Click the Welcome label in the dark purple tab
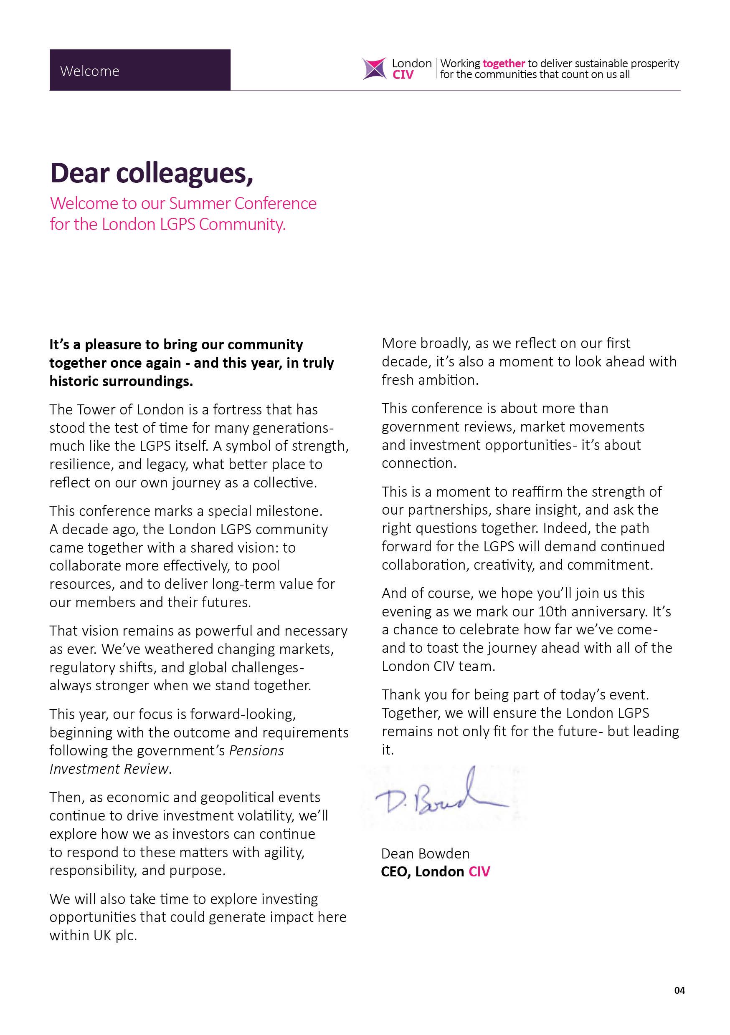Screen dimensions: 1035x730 pyautogui.click(x=89, y=71)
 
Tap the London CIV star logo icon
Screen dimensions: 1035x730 pyautogui.click(x=374, y=69)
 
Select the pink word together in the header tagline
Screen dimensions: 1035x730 pyautogui.click(x=504, y=63)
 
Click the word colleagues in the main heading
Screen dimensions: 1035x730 pyautogui.click(x=184, y=173)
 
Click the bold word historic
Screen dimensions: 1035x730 pyautogui.click(x=74, y=381)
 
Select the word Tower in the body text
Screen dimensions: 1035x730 pyautogui.click(x=96, y=410)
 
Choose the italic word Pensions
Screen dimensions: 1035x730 pyautogui.click(x=256, y=750)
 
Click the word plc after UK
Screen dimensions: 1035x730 pyautogui.click(x=125, y=935)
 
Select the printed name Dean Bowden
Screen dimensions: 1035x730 pyautogui.click(x=425, y=853)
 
